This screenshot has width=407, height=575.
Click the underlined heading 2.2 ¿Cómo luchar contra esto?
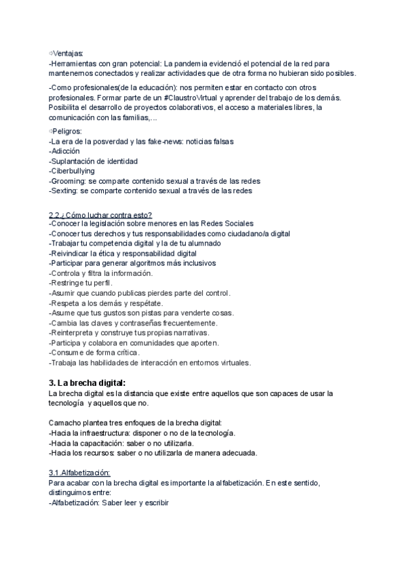click(100, 215)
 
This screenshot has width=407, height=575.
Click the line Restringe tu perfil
click(81, 283)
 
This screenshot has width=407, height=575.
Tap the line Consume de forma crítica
click(95, 353)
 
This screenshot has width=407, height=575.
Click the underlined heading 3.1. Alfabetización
click(79, 473)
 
